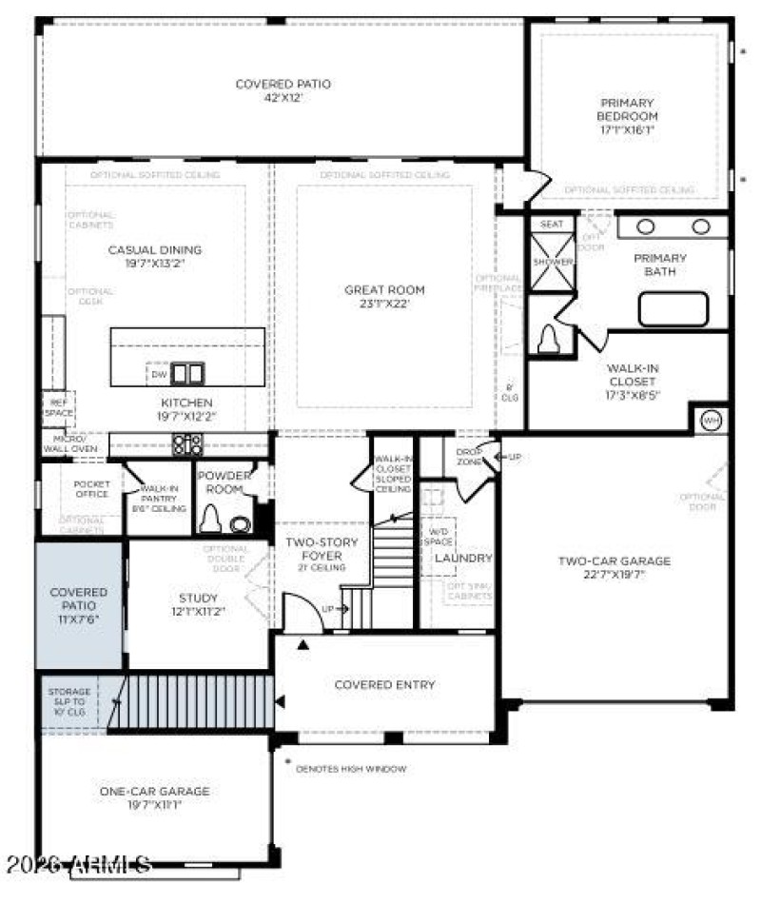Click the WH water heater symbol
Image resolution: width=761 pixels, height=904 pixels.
(711, 420)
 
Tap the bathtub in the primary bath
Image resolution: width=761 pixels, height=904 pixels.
(673, 309)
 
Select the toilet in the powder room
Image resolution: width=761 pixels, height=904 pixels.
(210, 519)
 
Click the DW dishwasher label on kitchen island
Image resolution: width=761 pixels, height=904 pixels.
(159, 374)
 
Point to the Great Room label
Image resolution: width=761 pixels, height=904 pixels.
(384, 297)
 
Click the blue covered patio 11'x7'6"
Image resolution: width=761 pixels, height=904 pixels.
(79, 604)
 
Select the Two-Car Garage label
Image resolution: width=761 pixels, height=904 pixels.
(614, 567)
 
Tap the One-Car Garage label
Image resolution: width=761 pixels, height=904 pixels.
(154, 797)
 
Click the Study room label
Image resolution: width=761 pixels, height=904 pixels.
(198, 604)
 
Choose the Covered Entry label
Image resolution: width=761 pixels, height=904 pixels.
(384, 684)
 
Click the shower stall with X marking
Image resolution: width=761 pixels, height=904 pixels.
(552, 261)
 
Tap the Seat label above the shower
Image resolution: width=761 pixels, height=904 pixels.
(552, 225)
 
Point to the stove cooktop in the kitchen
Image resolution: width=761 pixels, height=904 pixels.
(186, 443)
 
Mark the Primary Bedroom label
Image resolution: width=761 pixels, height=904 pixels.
(628, 116)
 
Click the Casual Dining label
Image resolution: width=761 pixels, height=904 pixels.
(154, 257)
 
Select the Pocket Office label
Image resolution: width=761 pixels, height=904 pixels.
(91, 489)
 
